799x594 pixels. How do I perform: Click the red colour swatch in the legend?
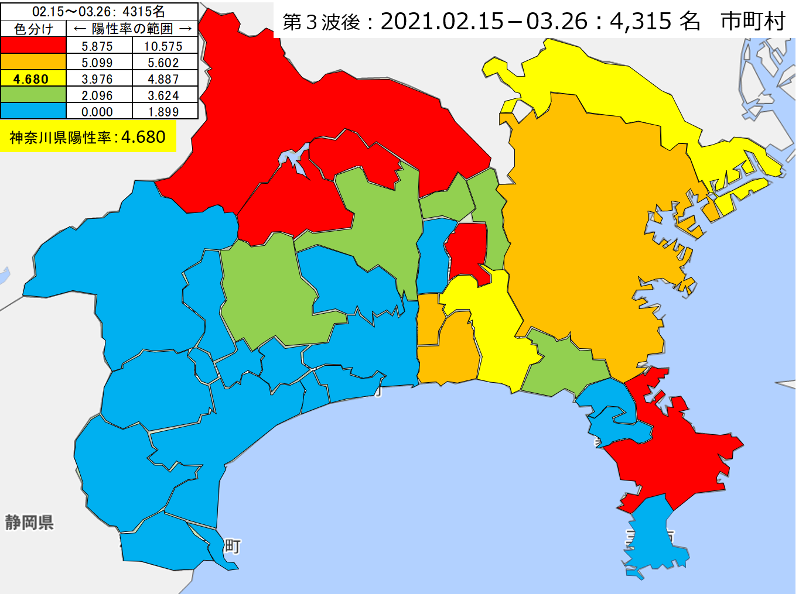33,46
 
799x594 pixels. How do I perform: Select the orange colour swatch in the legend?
33,62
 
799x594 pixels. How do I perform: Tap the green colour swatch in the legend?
33,95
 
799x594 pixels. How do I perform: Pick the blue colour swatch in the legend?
33,111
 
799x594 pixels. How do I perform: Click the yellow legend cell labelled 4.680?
33,79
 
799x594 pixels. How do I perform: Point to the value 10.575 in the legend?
163,46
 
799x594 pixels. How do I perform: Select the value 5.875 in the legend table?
97,46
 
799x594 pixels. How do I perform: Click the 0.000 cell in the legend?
97,112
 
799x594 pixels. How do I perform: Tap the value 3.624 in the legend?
163,95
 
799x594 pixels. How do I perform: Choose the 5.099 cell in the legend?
97,63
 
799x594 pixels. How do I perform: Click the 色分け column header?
33,29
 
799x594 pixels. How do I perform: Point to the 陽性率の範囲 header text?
132,29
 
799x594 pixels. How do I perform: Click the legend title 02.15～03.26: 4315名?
98,11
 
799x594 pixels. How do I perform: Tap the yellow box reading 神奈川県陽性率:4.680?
88,137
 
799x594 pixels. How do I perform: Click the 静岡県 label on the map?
29,522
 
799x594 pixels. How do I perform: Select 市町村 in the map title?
753,22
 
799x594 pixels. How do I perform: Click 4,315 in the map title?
641,22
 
